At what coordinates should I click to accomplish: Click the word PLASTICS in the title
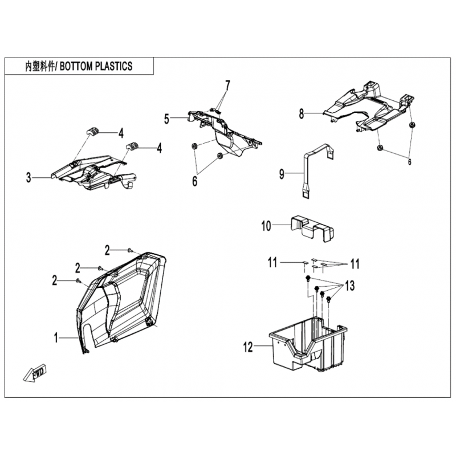[114, 66]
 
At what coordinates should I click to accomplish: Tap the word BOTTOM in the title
[76, 66]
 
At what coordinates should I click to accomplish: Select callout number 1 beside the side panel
[56, 338]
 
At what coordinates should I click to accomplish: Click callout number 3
[28, 177]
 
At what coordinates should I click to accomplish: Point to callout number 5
[166, 119]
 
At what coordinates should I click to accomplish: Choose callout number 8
[302, 113]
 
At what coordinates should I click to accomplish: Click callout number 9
[282, 174]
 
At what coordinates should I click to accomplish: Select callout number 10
[266, 226]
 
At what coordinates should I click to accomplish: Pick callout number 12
[248, 347]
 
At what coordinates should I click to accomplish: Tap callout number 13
[350, 286]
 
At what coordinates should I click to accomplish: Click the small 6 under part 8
[410, 162]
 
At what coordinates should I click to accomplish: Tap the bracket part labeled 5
[224, 131]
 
